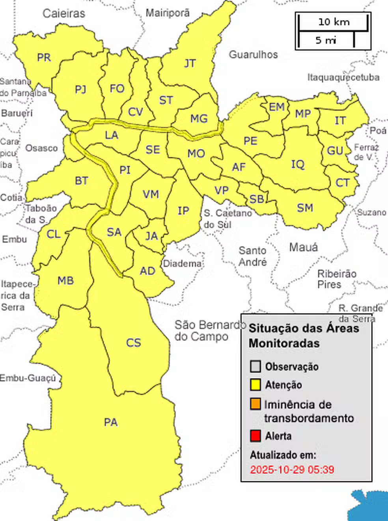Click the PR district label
44,58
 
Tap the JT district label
190,63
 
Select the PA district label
111,422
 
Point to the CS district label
133,343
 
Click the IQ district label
298,164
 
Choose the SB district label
257,199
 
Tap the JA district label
151,236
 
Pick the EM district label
276,107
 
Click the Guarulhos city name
253,54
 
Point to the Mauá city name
303,248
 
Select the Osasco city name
41,148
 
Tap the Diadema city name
182,263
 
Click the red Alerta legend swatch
256,436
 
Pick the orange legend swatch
256,404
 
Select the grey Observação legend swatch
256,366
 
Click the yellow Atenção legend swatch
256,385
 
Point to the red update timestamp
292,470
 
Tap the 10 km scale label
334,22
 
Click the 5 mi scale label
325,40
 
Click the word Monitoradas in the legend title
284,343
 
